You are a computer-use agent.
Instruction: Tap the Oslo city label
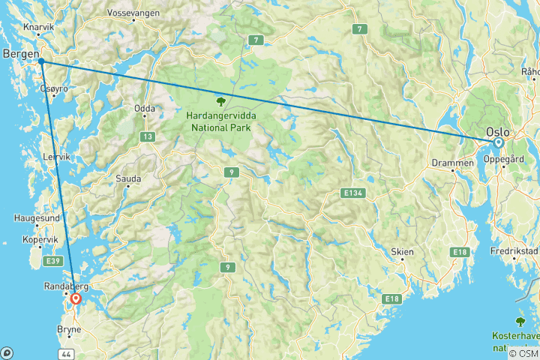coord(499,130)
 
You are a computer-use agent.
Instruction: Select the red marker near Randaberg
coord(76,299)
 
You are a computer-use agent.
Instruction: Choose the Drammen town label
coord(453,162)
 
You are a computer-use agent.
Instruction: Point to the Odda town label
coord(145,109)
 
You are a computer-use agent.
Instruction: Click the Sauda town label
coord(128,179)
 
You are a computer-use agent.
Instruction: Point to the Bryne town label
coord(68,328)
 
